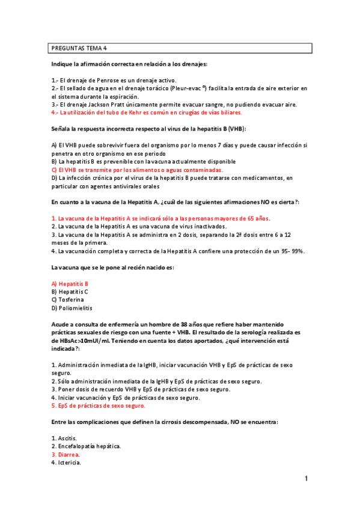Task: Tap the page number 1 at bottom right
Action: coord(306,479)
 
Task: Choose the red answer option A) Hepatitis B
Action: coord(70,283)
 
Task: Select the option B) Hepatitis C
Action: coord(70,291)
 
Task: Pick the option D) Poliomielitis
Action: coord(72,308)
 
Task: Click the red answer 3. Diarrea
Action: coord(66,455)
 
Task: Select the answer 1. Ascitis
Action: coord(64,438)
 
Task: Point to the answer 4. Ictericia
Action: coord(66,463)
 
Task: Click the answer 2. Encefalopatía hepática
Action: coord(87,446)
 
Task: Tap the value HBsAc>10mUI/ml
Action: coord(89,340)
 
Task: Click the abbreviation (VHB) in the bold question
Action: coord(236,129)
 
